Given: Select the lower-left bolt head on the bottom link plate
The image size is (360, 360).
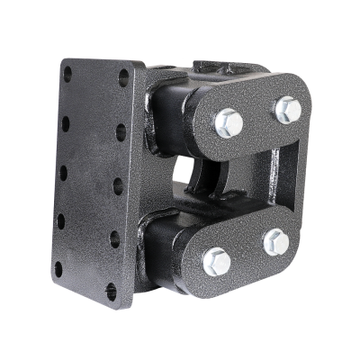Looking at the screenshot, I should [x=217, y=263].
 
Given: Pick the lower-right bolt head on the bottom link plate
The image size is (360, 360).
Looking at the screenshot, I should [x=276, y=242].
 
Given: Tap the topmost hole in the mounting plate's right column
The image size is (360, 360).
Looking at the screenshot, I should [x=123, y=77].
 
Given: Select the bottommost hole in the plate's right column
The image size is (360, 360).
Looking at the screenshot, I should [x=112, y=292].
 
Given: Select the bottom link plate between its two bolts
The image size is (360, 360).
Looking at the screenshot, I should [x=247, y=252].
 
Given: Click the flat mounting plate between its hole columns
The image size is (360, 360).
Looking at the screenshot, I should [x=92, y=180].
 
